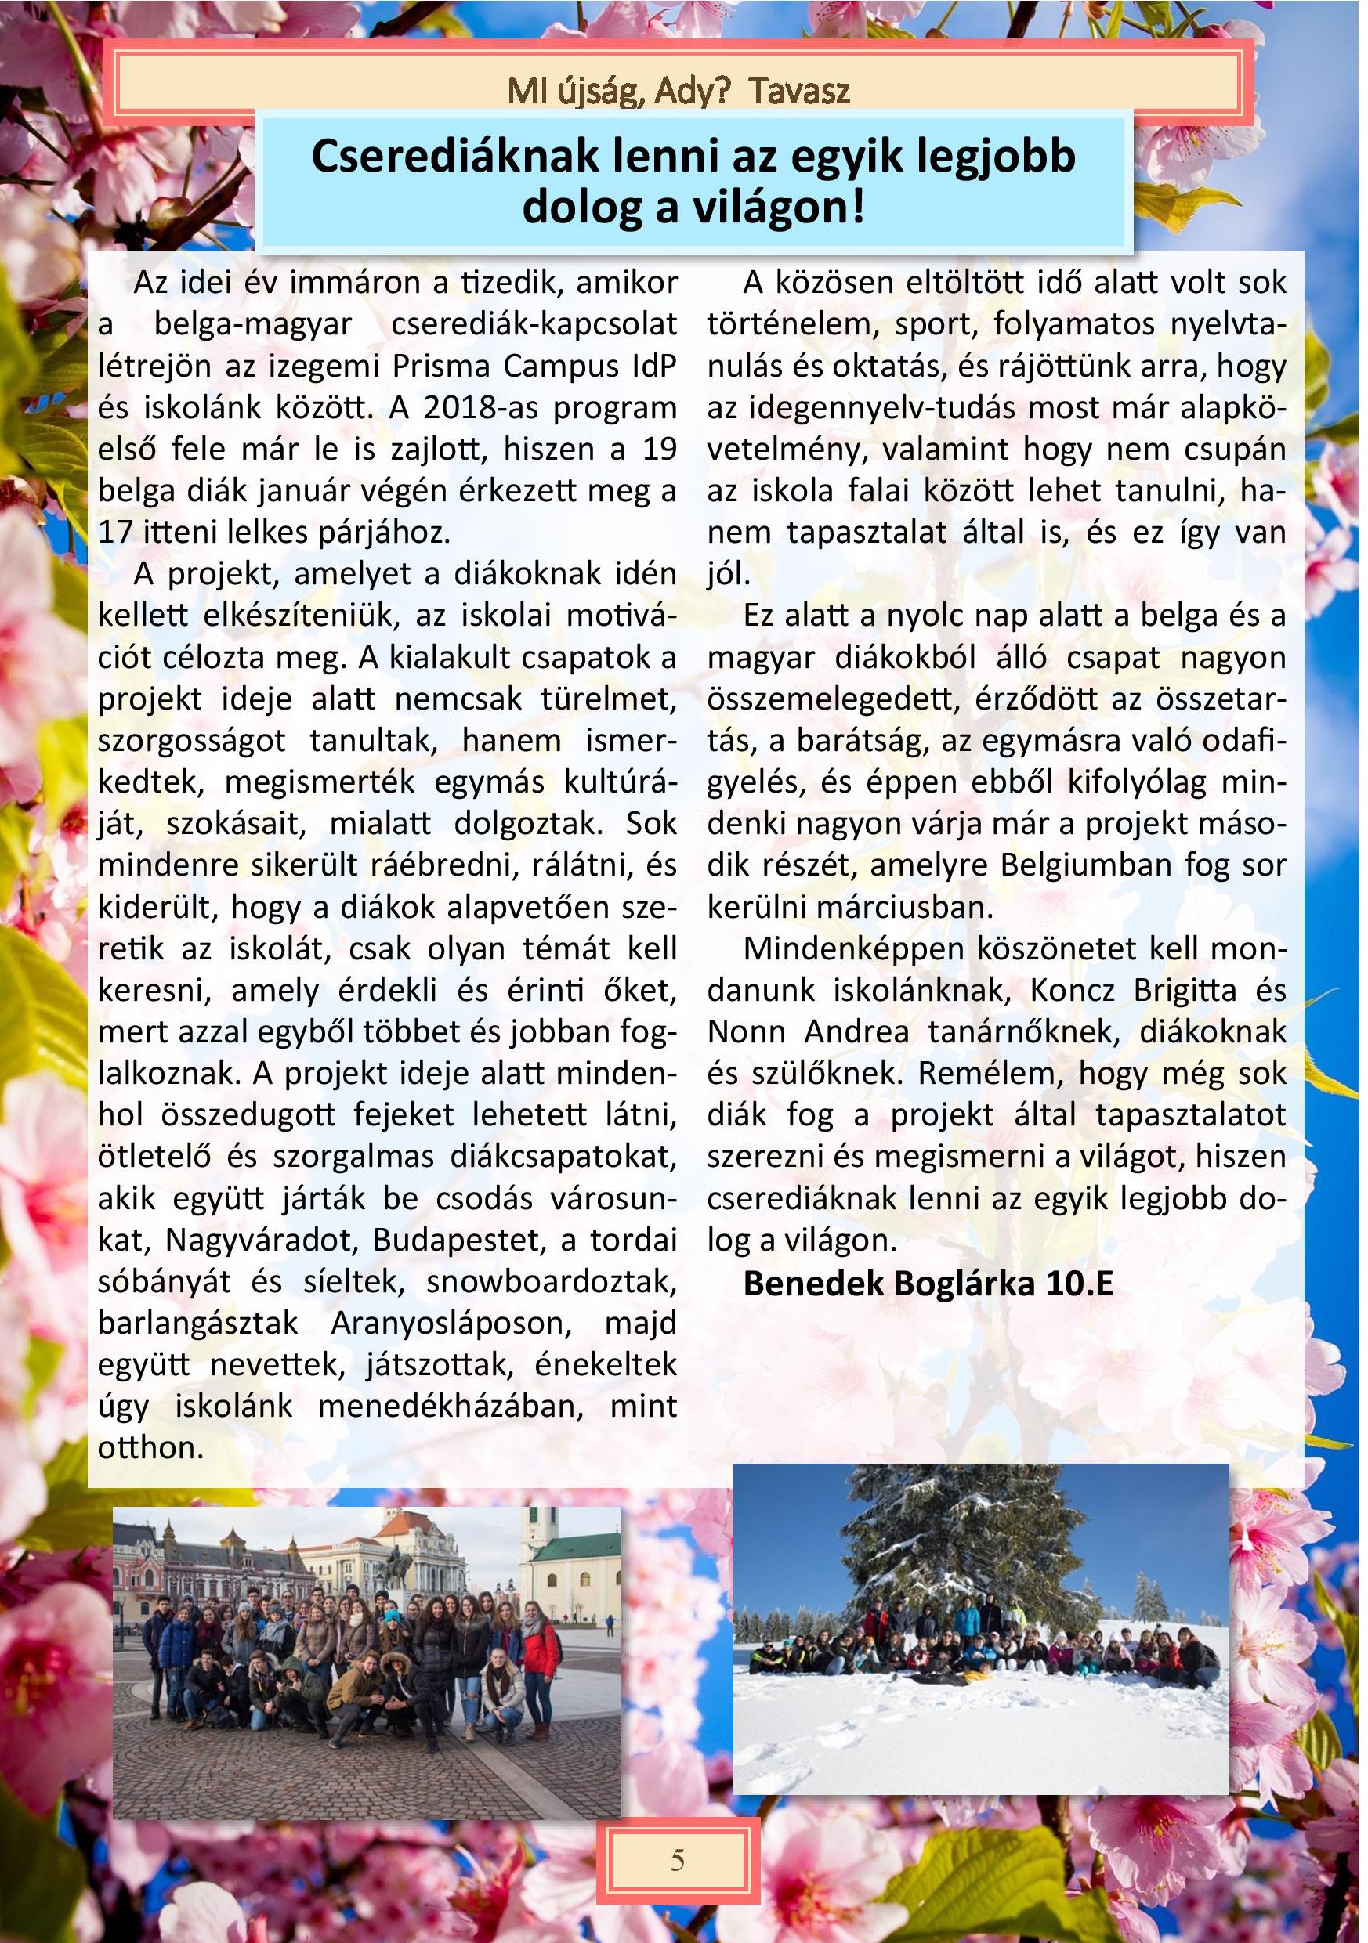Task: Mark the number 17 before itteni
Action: click(x=114, y=533)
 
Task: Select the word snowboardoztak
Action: click(x=551, y=1281)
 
